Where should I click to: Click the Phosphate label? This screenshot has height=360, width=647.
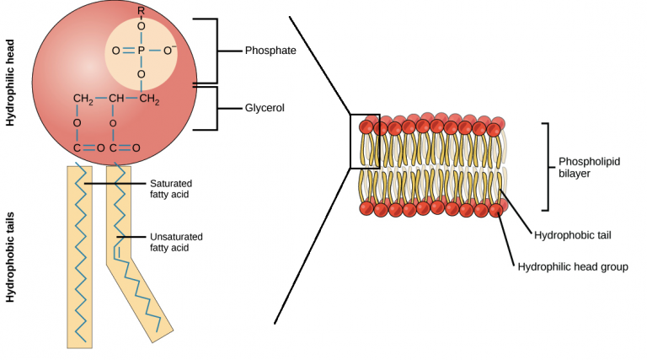(x=270, y=51)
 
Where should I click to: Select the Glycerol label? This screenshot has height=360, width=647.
(x=265, y=109)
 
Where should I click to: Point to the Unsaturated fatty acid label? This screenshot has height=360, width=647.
(x=176, y=242)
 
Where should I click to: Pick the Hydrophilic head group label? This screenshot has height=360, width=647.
(x=573, y=266)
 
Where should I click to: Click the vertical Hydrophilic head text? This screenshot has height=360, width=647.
(x=11, y=88)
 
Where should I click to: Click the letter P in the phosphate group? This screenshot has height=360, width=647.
(x=141, y=51)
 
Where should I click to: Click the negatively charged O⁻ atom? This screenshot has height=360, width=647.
(x=170, y=51)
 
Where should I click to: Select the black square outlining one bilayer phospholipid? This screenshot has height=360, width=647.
(x=365, y=141)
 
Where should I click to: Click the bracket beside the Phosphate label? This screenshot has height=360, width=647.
(x=217, y=51)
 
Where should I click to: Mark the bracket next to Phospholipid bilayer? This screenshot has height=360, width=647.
(x=548, y=166)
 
